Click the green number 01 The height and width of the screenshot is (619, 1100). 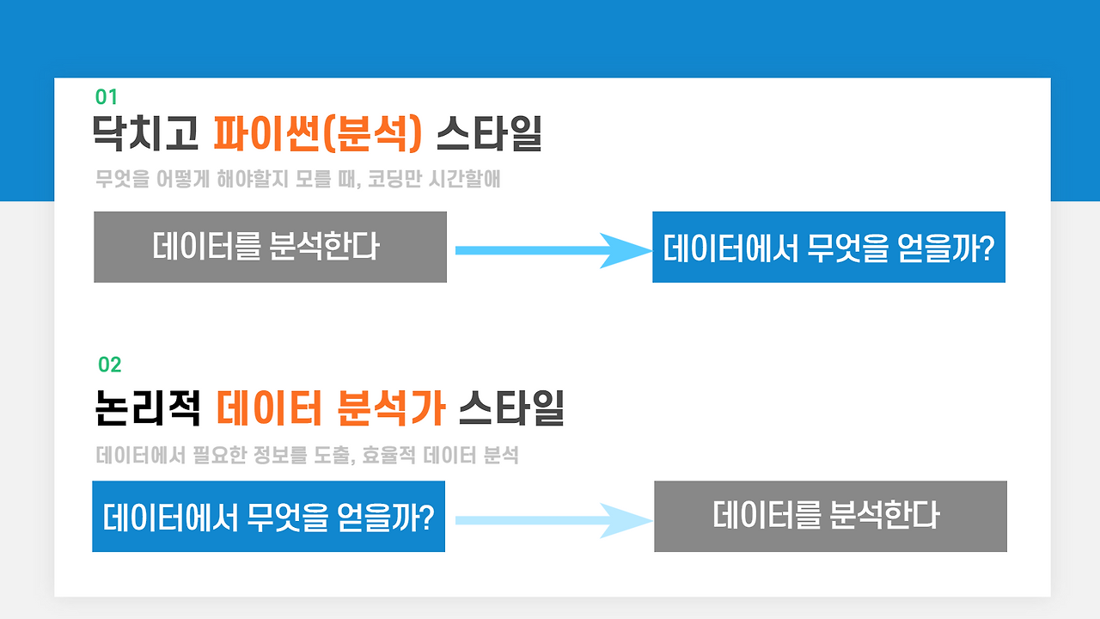pyautogui.click(x=107, y=97)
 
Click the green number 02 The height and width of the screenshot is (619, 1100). pyautogui.click(x=110, y=365)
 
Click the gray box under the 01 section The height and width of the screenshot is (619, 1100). pyautogui.click(x=270, y=247)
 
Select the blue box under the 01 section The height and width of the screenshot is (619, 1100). pyautogui.click(x=828, y=247)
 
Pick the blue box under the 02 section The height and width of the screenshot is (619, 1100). pyautogui.click(x=268, y=517)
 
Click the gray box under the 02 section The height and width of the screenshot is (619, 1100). pyautogui.click(x=830, y=516)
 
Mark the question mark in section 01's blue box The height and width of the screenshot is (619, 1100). pyautogui.click(x=986, y=248)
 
